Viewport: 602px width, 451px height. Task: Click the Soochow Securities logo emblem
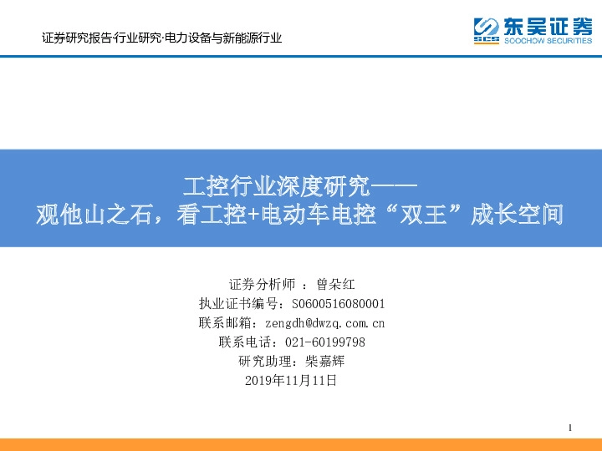(x=487, y=30)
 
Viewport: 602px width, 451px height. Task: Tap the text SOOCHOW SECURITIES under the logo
(x=548, y=39)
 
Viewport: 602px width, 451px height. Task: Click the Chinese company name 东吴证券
(x=548, y=25)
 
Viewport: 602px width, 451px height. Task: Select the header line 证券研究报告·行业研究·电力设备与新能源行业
(x=161, y=38)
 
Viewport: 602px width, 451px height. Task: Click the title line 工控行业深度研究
(x=276, y=185)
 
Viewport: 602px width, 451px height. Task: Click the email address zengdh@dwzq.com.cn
(x=324, y=322)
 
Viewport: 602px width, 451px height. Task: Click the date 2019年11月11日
(x=292, y=381)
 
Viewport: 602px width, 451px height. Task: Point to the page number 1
(x=569, y=428)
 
